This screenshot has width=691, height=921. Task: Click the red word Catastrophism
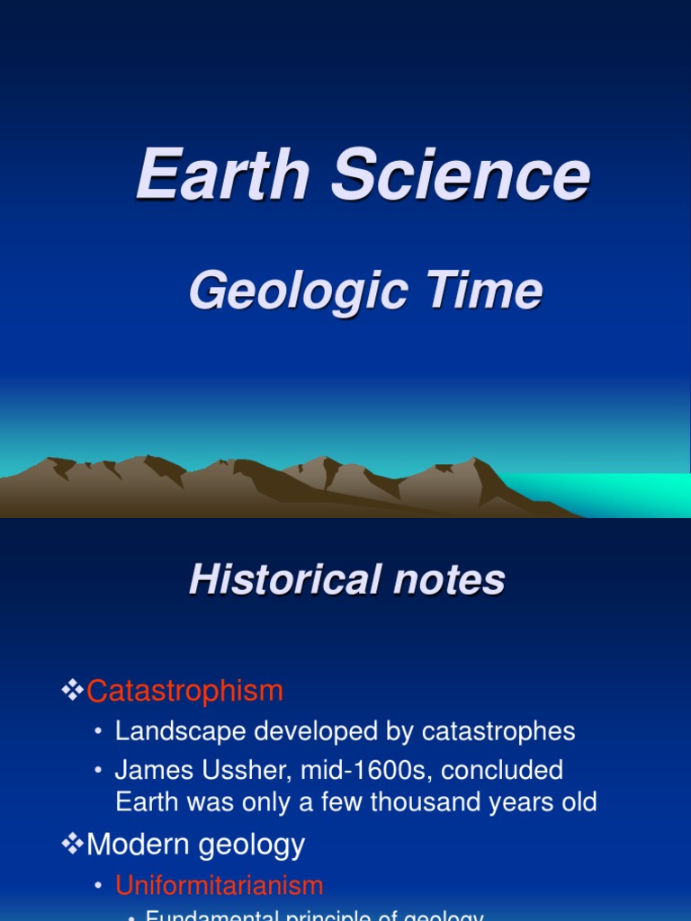click(x=184, y=691)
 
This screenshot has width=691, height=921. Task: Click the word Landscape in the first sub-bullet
click(x=181, y=731)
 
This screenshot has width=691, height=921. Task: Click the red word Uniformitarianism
click(x=219, y=885)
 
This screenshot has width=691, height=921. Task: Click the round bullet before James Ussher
click(x=99, y=772)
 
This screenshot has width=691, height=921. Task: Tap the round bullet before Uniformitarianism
click(x=99, y=886)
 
